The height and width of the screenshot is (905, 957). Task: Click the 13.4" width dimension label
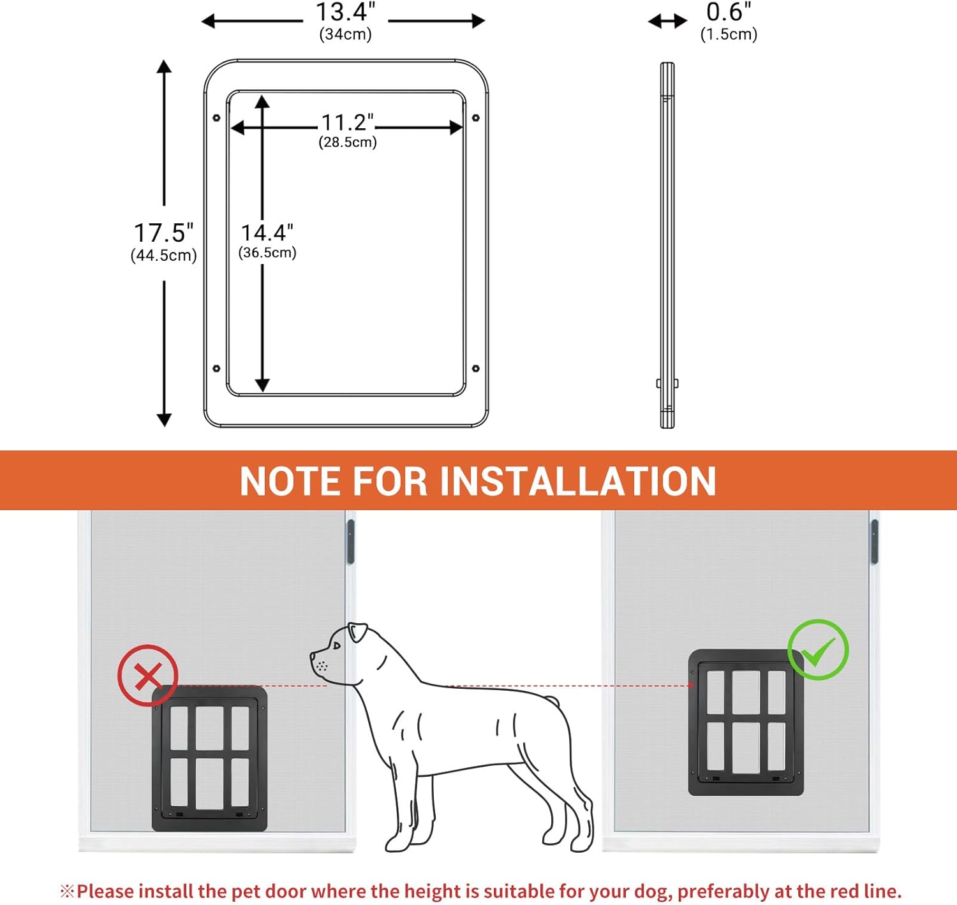pos(346,12)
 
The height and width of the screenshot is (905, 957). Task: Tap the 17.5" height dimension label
pos(163,233)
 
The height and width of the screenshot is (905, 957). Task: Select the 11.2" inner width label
pos(348,122)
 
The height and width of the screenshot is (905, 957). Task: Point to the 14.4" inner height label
pos(267,233)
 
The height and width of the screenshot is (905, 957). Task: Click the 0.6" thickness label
pos(729,12)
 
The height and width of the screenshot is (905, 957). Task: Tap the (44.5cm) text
pos(163,256)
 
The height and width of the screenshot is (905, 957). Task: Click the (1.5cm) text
pos(729,34)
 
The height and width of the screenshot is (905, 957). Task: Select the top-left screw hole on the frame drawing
pos(217,118)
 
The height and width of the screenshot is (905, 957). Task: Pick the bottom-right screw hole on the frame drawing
pos(475,369)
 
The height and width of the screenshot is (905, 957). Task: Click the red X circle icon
pos(148,675)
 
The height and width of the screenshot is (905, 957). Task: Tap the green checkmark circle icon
pos(819,649)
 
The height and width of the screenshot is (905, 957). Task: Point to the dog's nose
pos(313,656)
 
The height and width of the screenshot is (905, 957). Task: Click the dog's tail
pos(551,702)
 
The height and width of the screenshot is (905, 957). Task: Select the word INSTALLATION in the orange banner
pos(578,482)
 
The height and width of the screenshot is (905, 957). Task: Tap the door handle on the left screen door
pos(350,541)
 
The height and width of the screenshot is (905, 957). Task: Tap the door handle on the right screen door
pos(874,541)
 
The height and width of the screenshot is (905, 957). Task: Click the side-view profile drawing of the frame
pos(667,246)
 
